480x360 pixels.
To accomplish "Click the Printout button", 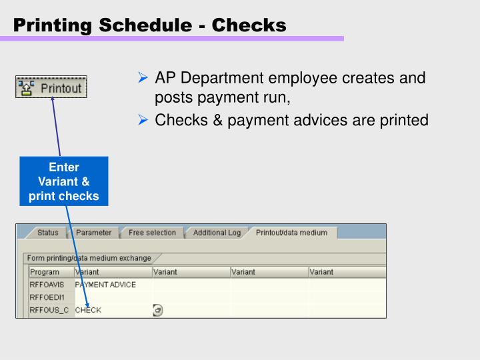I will pos(51,87).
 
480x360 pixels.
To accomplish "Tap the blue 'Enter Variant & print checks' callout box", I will pos(63,181).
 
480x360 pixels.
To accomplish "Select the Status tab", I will pos(47,233).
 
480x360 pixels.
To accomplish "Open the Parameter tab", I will pos(93,233).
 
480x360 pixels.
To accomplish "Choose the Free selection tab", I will pos(152,233).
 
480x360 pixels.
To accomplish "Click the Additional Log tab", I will pos(217,233).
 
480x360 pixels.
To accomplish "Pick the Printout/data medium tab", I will pos(291,233).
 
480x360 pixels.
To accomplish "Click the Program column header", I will pos(45,272).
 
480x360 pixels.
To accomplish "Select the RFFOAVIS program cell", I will pos(47,285).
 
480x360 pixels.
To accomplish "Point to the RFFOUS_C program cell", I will pos(49,310).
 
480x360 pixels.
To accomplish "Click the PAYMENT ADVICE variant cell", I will pos(105,285).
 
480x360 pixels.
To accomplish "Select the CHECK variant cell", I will pos(89,310).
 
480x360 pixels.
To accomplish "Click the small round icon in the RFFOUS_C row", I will pos(158,310).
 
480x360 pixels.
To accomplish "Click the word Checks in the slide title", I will pos(249,25).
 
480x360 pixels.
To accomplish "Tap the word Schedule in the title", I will pos(149,25).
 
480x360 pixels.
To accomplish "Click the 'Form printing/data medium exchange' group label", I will pos(89,258).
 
